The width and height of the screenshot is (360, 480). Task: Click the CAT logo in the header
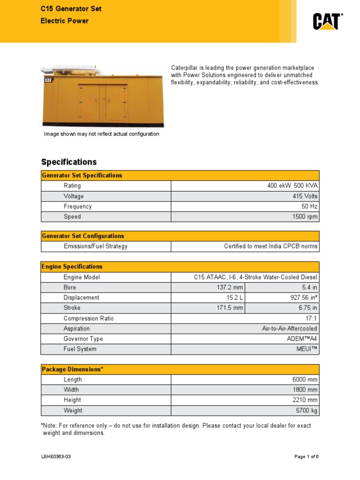coord(328,22)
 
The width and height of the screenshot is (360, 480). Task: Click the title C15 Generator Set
coord(71,9)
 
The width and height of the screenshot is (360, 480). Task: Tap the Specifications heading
coord(69,162)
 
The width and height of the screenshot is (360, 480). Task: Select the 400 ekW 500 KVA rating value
coord(292,186)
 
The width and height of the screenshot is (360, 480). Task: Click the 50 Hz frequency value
coord(309,207)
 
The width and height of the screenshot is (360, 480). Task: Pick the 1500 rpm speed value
coord(305,217)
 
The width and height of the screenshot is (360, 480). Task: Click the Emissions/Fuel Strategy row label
coord(96,247)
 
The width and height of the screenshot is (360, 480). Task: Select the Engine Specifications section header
coord(72,267)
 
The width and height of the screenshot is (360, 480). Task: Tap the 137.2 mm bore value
coord(229,287)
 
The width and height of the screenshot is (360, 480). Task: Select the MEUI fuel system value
coord(307,349)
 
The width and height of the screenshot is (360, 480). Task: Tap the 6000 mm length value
coord(305,380)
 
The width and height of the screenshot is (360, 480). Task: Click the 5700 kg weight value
coord(306,411)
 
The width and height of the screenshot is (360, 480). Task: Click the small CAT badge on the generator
coord(49,80)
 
